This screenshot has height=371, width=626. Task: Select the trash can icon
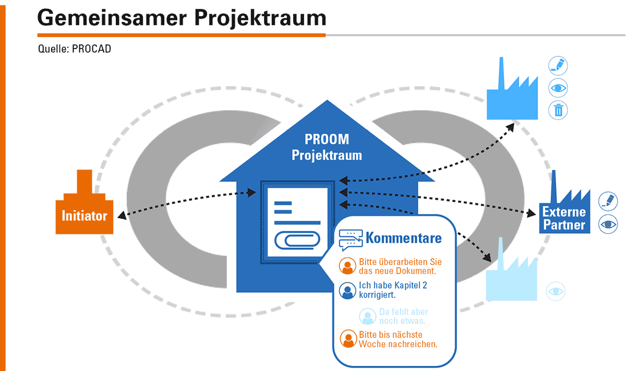tap(558, 110)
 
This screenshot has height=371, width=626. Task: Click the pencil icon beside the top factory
tap(558, 66)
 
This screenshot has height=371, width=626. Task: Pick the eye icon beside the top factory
tap(558, 88)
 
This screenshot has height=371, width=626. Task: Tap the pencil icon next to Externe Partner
tap(608, 201)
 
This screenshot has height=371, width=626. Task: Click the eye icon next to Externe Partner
tap(608, 224)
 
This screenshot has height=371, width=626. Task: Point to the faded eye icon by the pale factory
tap(556, 291)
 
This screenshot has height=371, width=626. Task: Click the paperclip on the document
tap(297, 240)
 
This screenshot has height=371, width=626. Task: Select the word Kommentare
tap(404, 238)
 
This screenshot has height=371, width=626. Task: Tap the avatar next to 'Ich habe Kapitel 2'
tap(347, 291)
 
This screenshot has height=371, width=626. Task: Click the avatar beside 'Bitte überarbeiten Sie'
tap(347, 266)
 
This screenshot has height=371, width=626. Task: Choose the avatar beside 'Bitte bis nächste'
tap(348, 339)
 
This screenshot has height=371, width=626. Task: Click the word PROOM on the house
tap(327, 139)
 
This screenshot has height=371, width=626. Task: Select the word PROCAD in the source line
tap(91, 49)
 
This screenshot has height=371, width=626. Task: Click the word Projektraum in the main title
tap(260, 18)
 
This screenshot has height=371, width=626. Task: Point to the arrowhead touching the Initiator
tap(122, 216)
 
